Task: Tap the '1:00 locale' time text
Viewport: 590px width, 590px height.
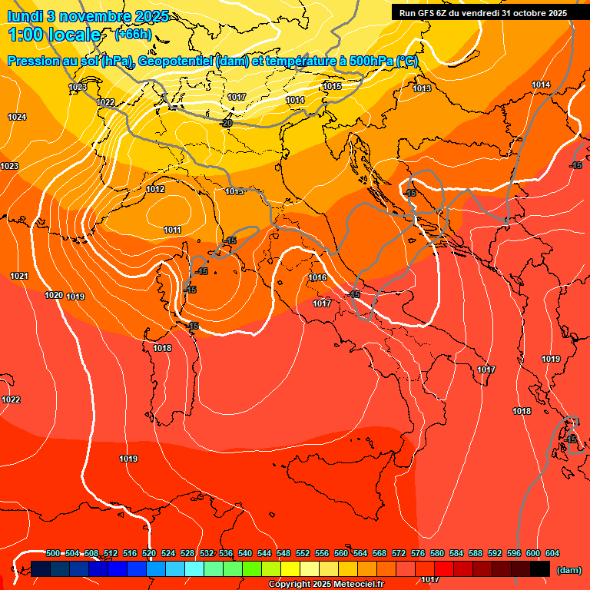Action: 55,35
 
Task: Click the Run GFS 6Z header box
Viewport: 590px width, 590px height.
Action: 483,12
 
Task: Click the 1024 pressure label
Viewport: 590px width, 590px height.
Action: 17,117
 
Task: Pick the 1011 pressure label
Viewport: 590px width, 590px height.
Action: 172,230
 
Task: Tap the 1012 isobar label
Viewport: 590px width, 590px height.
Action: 155,189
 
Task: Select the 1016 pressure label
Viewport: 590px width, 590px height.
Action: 318,277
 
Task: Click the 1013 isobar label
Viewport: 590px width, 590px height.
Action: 422,89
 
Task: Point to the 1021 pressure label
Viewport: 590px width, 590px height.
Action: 19,276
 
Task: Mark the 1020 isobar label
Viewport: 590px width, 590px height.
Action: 54,295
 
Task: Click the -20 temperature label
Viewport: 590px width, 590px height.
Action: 226,123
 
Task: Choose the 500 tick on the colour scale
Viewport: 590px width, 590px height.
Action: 53,554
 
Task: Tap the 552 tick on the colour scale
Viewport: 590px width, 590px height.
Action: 303,554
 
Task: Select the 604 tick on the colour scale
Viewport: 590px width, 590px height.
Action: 552,554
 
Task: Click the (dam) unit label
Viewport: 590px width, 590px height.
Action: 568,569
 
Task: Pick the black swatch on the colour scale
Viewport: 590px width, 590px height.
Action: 540,568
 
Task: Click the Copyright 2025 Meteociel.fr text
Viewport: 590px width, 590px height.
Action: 326,585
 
